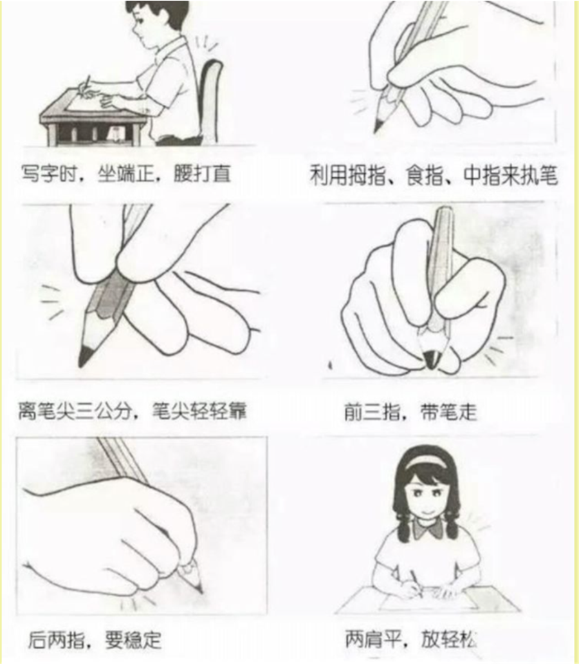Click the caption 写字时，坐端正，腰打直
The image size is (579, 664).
(x=125, y=174)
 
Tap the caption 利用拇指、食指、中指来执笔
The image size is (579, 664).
(x=433, y=175)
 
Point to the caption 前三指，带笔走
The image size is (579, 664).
(x=410, y=411)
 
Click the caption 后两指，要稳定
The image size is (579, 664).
(x=95, y=640)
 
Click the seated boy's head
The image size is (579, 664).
(x=156, y=18)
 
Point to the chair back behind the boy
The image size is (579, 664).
(x=210, y=97)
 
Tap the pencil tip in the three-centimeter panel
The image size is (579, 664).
(x=83, y=357)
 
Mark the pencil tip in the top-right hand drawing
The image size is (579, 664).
(x=377, y=126)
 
